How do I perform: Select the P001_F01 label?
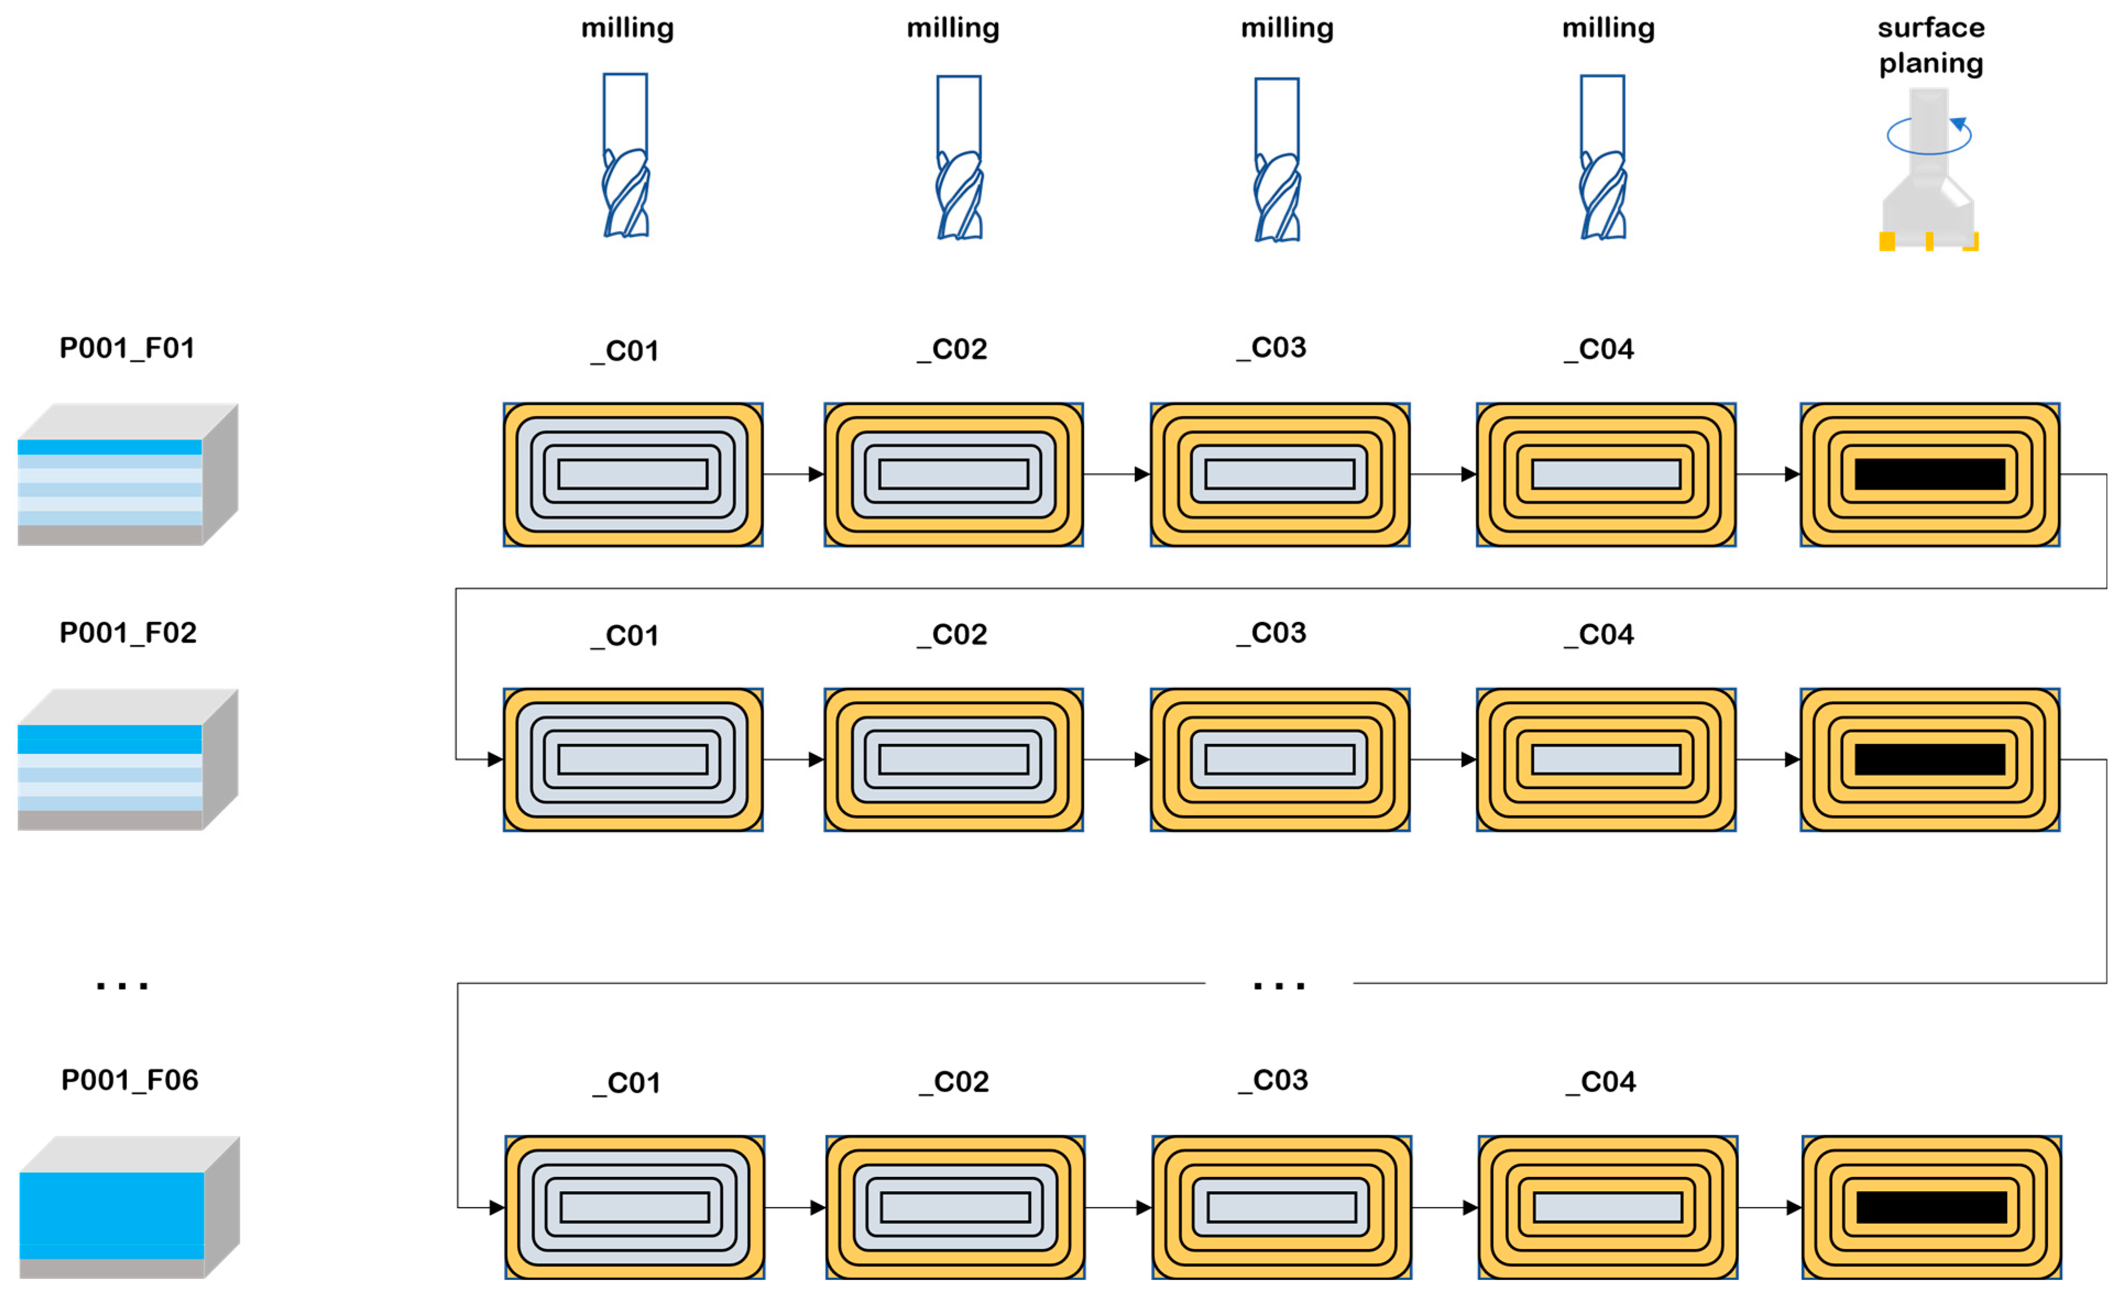(127, 348)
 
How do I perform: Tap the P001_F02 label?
(128, 633)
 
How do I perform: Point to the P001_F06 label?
(129, 1080)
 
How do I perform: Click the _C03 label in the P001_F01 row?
(1272, 348)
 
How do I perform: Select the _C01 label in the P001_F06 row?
(626, 1083)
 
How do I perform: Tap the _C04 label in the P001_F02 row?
(1599, 635)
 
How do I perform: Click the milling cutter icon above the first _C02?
(959, 157)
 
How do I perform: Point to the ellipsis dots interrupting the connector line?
(1278, 985)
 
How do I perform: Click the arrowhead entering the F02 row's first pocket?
(495, 760)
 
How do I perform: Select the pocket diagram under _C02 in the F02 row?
(953, 760)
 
